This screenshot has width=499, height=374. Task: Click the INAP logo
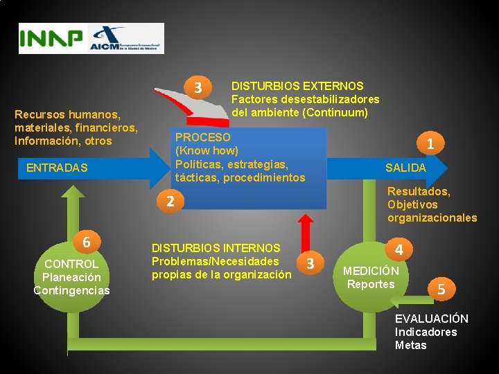click(x=51, y=39)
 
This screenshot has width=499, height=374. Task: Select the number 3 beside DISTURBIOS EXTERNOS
click(x=198, y=88)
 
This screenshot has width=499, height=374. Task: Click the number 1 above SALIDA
click(x=430, y=144)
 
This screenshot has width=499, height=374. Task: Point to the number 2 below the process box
click(x=170, y=202)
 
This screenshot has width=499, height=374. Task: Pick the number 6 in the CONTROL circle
click(x=86, y=242)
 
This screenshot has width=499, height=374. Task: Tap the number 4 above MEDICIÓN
click(x=399, y=248)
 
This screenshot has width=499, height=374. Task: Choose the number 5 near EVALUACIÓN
click(x=441, y=289)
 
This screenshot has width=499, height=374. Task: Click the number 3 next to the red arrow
click(x=310, y=263)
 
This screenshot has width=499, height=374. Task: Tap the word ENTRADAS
click(x=57, y=168)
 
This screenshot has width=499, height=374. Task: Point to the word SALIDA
click(x=405, y=168)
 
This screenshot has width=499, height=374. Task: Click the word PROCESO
click(x=202, y=138)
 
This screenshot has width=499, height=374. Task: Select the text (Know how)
click(x=207, y=150)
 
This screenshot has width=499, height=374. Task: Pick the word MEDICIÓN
click(x=371, y=271)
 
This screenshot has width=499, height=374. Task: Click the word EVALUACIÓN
click(x=431, y=319)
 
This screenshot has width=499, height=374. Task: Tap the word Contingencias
click(x=71, y=290)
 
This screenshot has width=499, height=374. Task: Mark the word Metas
click(x=410, y=345)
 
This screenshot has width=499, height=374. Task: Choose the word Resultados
click(x=418, y=191)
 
